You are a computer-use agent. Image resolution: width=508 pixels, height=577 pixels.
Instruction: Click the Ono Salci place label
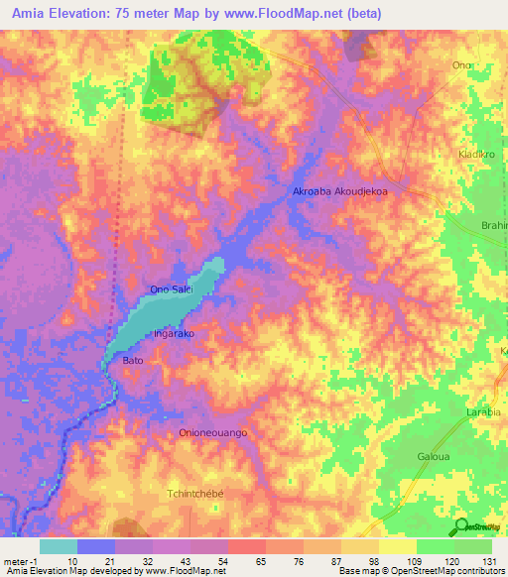(170, 288)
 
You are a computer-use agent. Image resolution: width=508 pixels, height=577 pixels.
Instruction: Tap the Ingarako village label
(173, 334)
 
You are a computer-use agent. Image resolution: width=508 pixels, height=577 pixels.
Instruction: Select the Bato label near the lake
(133, 361)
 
